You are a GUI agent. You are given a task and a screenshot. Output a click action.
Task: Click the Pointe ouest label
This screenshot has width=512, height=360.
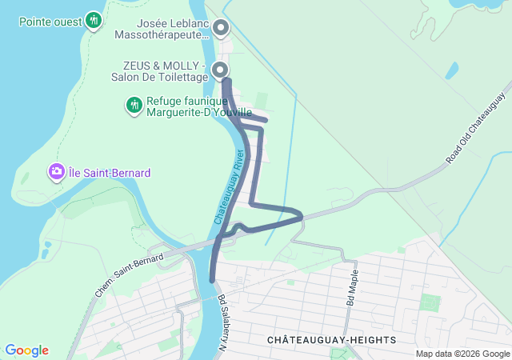pos(50,20)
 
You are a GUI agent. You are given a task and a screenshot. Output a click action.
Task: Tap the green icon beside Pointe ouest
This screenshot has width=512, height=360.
pos(94,20)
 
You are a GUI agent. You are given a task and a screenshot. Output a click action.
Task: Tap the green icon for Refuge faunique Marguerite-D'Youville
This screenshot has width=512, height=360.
pos(134,105)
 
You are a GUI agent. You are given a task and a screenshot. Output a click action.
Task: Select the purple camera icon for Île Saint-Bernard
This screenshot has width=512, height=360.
pos(56,172)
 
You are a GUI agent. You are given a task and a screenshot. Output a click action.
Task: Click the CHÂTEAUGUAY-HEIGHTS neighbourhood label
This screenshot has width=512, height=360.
pos(331,340)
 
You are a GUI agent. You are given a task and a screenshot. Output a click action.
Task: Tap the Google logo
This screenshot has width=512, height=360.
pos(26,350)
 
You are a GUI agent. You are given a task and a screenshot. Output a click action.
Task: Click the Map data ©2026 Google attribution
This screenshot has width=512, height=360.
pos(462,354)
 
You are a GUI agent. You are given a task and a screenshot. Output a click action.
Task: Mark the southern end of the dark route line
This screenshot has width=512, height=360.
pos(212,280)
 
